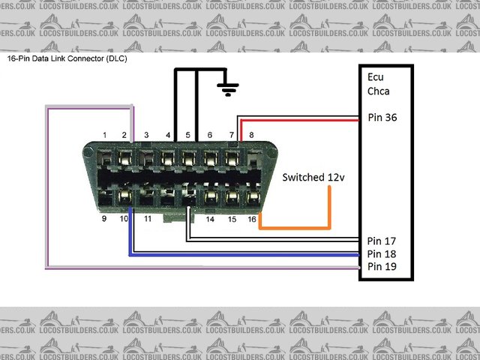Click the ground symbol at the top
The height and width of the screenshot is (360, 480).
[x=229, y=88]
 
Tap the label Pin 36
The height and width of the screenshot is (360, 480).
[x=382, y=118]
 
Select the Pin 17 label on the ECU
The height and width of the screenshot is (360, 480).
[x=382, y=241]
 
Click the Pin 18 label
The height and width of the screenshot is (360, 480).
[x=382, y=254]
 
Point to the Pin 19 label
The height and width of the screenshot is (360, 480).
[x=382, y=266]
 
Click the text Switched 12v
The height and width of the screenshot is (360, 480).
[x=313, y=178]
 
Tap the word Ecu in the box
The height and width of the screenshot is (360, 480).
[x=376, y=77]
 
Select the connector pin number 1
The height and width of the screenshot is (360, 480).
[x=105, y=135]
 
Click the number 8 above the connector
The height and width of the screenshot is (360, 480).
[x=251, y=135]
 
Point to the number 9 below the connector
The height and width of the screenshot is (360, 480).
[x=103, y=219]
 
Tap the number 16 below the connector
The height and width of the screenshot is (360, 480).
[x=253, y=219]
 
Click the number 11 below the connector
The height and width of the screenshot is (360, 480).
[x=148, y=219]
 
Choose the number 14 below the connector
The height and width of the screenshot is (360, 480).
[x=211, y=219]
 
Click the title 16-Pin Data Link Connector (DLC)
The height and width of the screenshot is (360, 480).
[x=67, y=58]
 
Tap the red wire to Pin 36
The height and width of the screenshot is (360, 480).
[x=300, y=118]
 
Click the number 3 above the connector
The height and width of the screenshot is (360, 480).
[x=146, y=135]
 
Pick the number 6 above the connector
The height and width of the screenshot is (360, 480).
[x=209, y=135]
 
